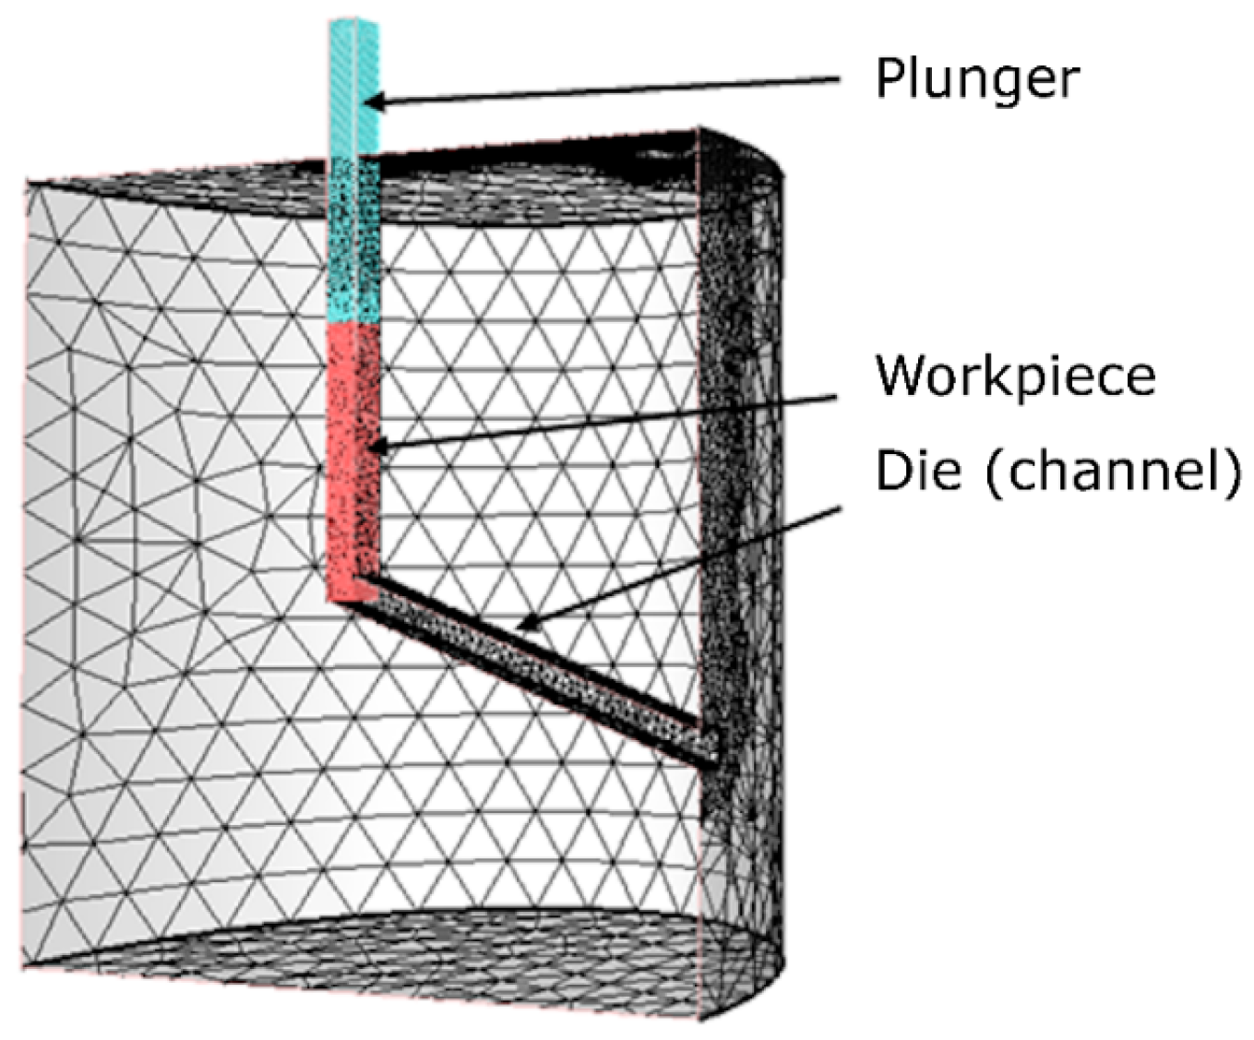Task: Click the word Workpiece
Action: [1015, 376]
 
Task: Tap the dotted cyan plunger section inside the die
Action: [354, 240]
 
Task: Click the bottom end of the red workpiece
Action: [352, 598]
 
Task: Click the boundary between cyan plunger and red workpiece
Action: [354, 321]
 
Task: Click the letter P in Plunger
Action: [889, 78]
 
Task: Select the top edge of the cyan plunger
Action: [355, 20]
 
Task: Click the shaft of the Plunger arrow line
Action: [609, 90]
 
